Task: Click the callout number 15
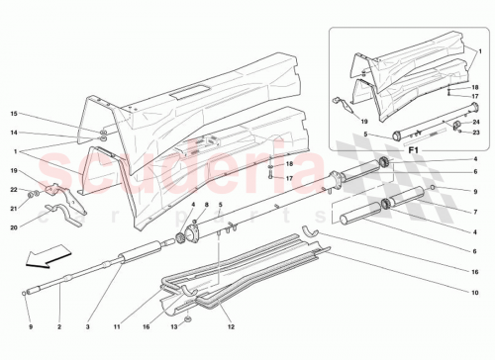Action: tap(14, 114)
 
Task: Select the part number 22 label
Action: tap(14, 189)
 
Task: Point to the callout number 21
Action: tap(14, 207)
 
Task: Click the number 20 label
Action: tap(14, 226)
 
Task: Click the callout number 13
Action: tap(171, 325)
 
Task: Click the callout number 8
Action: tap(206, 205)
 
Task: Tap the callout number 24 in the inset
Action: tap(476, 122)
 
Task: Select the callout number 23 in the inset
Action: tap(476, 132)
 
